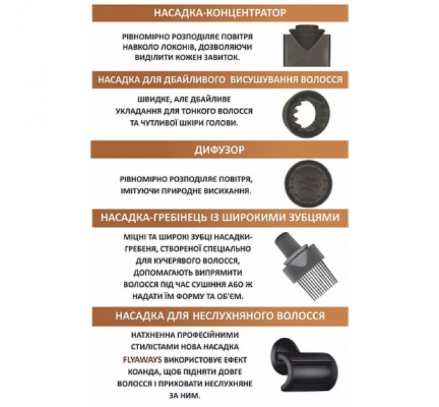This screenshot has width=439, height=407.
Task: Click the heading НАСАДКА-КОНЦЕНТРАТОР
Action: pos(220,13)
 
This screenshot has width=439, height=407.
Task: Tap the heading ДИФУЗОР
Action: pos(219,150)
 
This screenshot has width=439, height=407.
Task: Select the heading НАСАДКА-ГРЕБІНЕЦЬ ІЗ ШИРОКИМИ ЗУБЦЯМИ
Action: pos(220,218)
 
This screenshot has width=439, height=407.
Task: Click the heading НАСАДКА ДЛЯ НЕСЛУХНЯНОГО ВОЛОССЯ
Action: pos(220,316)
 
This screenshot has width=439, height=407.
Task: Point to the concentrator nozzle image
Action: pos(307,46)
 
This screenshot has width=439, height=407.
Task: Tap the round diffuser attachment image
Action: pos(309,183)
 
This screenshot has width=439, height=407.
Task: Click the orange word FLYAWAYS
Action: pos(142,359)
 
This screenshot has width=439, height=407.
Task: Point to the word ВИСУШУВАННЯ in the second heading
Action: pos(263,79)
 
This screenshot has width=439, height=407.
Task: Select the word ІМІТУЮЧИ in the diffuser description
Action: pos(135,191)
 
